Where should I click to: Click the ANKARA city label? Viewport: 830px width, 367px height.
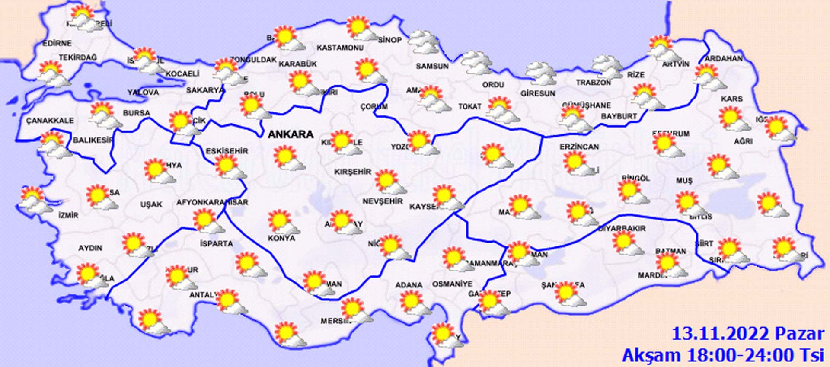point(290,134)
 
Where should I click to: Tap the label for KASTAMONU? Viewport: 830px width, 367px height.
point(340,48)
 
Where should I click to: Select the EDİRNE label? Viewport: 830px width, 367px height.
point(57,43)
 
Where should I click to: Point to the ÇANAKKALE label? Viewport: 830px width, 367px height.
point(50,120)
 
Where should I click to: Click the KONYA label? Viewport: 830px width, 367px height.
point(281,238)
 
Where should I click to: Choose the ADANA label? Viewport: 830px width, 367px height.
point(409,285)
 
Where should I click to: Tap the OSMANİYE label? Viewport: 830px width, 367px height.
point(452,284)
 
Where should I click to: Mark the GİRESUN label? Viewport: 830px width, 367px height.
point(537,93)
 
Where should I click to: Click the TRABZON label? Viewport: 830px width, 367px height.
point(593,82)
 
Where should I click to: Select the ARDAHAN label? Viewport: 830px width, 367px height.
point(723,58)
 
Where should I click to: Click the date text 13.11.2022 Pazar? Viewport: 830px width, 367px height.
point(747,334)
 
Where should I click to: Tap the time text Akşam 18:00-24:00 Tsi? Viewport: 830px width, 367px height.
point(722,355)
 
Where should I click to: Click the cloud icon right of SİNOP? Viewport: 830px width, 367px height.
point(423,42)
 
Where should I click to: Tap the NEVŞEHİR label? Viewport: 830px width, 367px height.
point(383,201)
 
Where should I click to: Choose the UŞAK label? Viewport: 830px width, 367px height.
point(151,204)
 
